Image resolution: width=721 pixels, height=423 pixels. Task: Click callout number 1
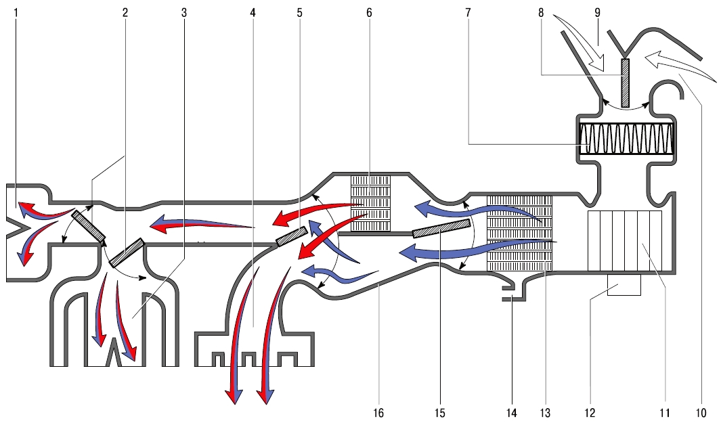(16, 12)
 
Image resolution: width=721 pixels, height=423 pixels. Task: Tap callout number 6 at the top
(369, 12)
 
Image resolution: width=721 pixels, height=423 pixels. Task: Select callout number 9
(598, 12)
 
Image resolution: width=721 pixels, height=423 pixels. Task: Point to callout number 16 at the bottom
(378, 413)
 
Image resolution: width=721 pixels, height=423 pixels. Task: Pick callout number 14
(511, 413)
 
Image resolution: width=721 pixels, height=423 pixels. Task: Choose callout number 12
(590, 413)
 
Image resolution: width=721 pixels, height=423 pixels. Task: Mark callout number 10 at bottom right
(701, 413)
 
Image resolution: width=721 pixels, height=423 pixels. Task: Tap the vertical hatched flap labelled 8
(625, 83)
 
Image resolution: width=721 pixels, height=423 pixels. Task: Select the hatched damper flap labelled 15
(441, 228)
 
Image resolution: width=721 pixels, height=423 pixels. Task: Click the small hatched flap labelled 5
(292, 236)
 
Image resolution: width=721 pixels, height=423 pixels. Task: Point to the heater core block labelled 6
(370, 203)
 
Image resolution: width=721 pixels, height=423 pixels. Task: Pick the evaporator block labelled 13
(520, 233)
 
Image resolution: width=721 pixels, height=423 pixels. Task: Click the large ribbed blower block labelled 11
(625, 240)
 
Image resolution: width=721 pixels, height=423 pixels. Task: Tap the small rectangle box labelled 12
(624, 285)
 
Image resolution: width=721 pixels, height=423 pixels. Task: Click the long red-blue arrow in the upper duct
(202, 224)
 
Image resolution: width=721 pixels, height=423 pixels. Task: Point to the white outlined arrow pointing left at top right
(680, 67)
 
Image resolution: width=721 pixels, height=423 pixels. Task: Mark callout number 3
(184, 12)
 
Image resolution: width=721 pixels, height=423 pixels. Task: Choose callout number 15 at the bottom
(439, 413)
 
